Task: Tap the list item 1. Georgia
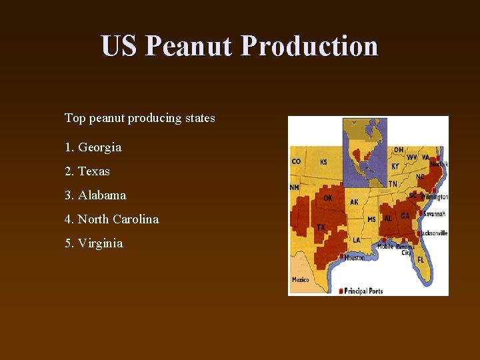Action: point(93,147)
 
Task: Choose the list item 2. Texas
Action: point(87,171)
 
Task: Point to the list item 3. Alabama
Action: point(95,195)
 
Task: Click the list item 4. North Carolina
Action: point(111,219)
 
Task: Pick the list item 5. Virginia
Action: point(93,243)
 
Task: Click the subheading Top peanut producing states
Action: point(139,118)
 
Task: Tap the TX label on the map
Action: point(321,228)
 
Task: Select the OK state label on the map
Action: point(328,198)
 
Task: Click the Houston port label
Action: point(354,257)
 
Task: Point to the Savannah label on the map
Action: point(434,214)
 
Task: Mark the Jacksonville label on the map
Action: point(433,233)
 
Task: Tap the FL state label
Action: point(421,259)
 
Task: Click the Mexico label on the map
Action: point(300,280)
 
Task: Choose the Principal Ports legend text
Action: point(363,291)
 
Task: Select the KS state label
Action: point(323,162)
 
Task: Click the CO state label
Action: point(296,161)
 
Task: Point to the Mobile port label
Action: point(385,247)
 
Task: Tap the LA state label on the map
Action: point(357,240)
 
